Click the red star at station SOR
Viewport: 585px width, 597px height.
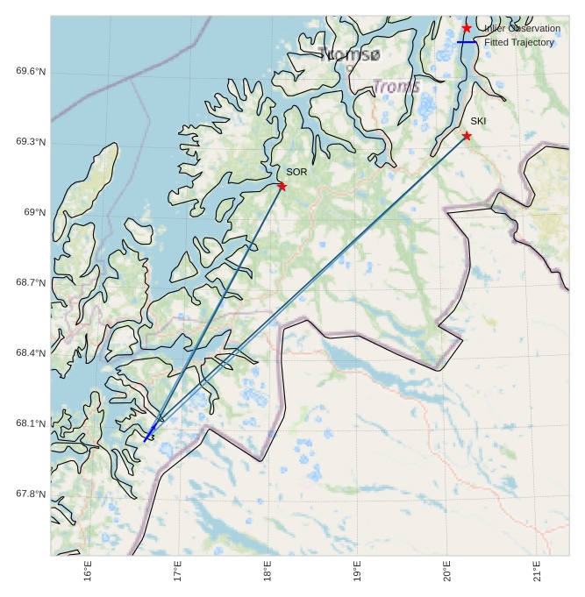click(x=282, y=186)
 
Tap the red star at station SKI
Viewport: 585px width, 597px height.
click(x=467, y=135)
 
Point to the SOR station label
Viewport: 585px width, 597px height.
click(x=296, y=172)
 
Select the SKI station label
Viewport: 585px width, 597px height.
click(x=478, y=121)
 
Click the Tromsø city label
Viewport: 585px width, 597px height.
click(x=351, y=54)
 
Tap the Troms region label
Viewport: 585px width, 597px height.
click(x=396, y=87)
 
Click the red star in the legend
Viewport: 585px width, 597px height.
click(x=467, y=28)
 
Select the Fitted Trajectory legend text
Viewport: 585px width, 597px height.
click(x=519, y=42)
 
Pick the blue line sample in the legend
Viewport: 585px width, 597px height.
click(x=466, y=42)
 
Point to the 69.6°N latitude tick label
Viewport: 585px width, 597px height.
click(x=31, y=71)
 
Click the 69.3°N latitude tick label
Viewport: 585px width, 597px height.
click(x=31, y=142)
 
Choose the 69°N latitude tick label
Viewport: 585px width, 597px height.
click(x=34, y=212)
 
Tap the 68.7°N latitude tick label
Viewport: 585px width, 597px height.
click(x=31, y=282)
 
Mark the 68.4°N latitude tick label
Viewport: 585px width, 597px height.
click(x=31, y=352)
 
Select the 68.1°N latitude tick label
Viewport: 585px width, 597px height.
click(x=31, y=423)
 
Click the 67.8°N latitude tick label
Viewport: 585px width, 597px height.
click(x=31, y=494)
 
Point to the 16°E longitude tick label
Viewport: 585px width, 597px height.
click(x=88, y=571)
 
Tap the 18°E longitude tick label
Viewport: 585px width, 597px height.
click(x=268, y=571)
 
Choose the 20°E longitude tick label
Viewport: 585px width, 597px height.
click(x=446, y=571)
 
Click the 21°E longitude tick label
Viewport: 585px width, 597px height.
click(x=537, y=571)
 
